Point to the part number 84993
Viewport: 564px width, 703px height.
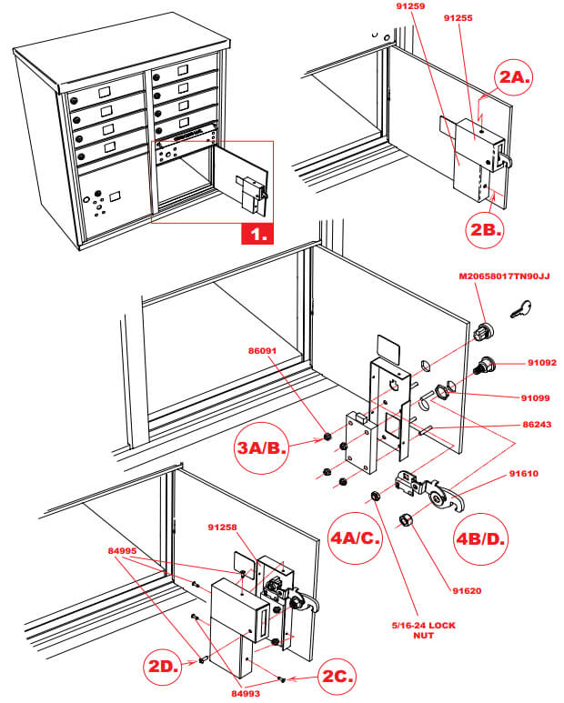pos(248,694)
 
